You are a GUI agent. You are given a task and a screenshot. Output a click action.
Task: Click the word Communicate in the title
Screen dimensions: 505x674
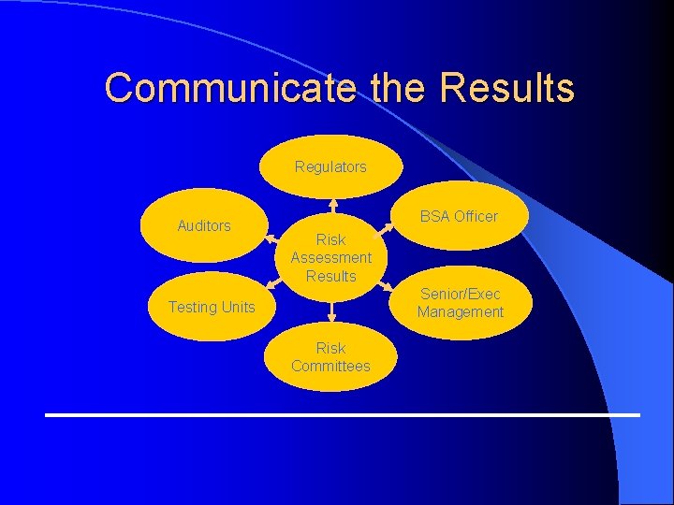click(x=229, y=88)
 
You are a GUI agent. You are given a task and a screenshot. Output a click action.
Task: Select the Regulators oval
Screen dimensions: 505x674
click(x=330, y=166)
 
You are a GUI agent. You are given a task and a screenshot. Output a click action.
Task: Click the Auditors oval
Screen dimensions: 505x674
click(x=203, y=225)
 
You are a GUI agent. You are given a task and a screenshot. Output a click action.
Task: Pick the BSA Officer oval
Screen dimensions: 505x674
click(x=459, y=216)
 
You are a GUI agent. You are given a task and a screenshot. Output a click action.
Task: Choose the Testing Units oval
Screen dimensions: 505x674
click(x=211, y=307)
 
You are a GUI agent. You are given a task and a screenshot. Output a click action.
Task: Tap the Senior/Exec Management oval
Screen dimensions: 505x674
click(x=460, y=303)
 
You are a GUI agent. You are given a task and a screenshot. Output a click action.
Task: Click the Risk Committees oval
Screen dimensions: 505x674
click(x=330, y=357)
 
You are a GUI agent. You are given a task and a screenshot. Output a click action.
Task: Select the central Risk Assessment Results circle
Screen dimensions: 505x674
click(x=330, y=257)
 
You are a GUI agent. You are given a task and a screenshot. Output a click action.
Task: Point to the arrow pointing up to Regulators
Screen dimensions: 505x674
click(x=332, y=206)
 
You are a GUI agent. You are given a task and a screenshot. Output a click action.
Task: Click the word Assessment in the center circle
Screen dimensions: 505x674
click(x=330, y=257)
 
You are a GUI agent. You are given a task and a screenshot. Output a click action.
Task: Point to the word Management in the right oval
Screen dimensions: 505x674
click(x=460, y=312)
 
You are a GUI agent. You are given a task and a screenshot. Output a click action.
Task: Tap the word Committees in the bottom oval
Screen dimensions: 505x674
click(x=330, y=366)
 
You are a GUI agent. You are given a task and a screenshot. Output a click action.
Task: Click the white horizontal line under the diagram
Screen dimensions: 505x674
click(x=343, y=413)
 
